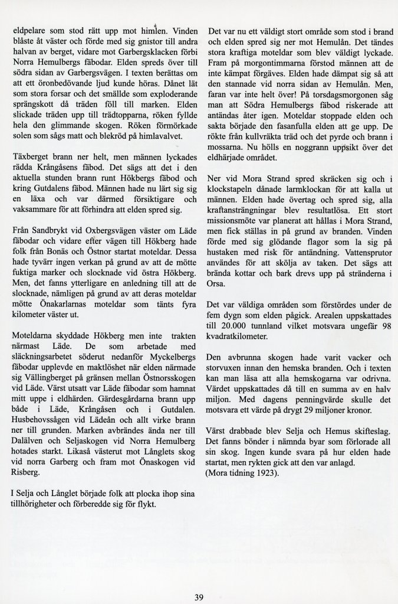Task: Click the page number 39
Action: [x=199, y=597]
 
